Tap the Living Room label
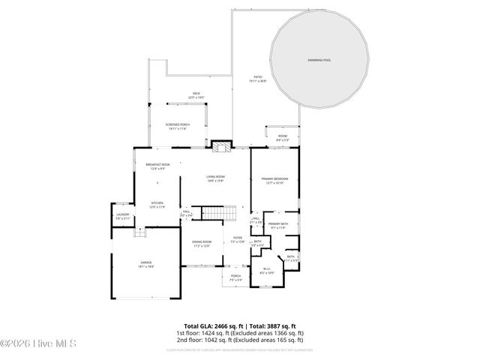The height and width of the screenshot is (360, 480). pyautogui.click(x=216, y=178)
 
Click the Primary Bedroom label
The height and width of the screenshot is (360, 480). pyautogui.click(x=275, y=180)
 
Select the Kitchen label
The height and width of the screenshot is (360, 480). pyautogui.click(x=157, y=204)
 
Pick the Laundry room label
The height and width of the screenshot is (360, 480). pyautogui.click(x=122, y=216)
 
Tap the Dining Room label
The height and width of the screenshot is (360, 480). pyautogui.click(x=202, y=243)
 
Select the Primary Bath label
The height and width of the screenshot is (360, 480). pyautogui.click(x=278, y=226)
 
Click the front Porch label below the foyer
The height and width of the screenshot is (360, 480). pyautogui.click(x=235, y=277)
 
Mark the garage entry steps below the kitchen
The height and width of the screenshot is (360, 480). pyautogui.click(x=139, y=233)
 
